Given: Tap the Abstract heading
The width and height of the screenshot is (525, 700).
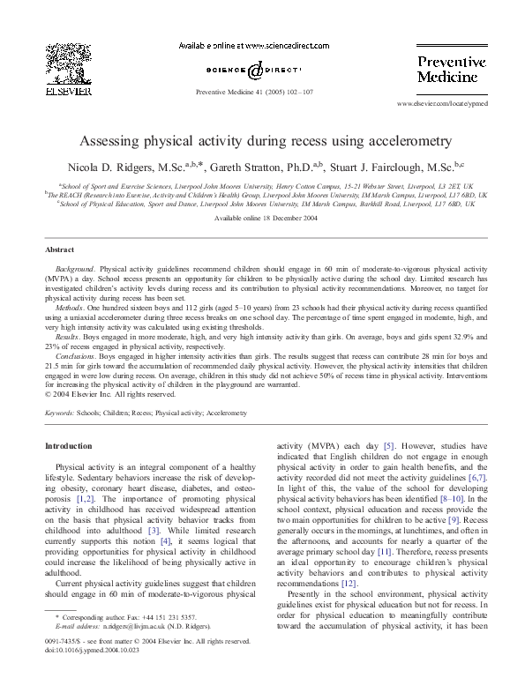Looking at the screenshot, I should point(59,249).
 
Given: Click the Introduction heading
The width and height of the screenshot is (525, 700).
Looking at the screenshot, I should point(68,446).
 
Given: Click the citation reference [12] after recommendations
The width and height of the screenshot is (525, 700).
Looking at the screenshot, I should point(349,584).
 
